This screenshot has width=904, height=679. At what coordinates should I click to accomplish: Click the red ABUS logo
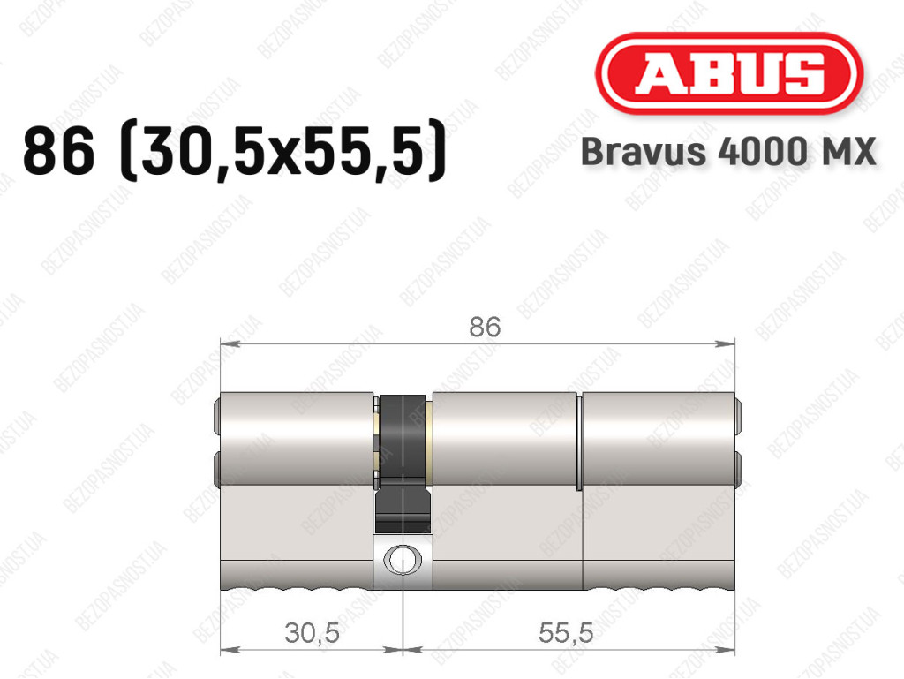[x=728, y=74]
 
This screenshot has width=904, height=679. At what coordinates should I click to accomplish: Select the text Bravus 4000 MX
[x=728, y=152]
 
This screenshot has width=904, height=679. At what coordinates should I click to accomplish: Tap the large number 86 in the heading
[x=58, y=151]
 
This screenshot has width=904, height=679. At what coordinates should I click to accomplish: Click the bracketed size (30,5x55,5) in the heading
[x=282, y=151]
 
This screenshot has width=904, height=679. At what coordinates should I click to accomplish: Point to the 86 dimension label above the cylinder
[x=485, y=327]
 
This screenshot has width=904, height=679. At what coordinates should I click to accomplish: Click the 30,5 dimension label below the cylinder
[x=312, y=633]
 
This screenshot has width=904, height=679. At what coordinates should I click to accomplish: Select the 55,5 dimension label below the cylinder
[x=566, y=633]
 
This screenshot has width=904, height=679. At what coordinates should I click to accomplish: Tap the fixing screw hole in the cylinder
[x=403, y=559]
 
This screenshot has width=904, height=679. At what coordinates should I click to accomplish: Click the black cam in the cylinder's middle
[x=403, y=461]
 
